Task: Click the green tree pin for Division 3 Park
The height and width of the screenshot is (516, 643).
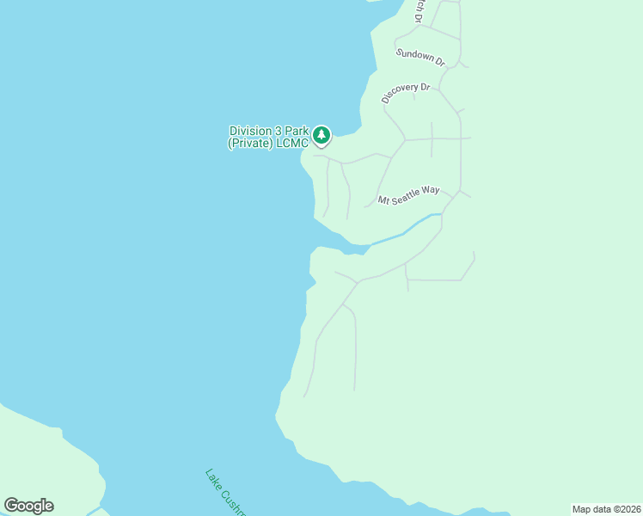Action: [321, 135]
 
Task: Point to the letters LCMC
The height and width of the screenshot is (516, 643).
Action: [291, 144]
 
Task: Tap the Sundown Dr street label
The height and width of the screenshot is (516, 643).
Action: [420, 58]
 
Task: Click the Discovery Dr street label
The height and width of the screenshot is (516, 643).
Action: [406, 92]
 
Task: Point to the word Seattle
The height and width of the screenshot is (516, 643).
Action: [407, 195]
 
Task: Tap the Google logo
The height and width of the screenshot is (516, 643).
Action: [28, 506]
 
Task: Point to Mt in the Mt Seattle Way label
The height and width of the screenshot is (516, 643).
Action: [383, 201]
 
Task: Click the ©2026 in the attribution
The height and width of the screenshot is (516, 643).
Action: [626, 508]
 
